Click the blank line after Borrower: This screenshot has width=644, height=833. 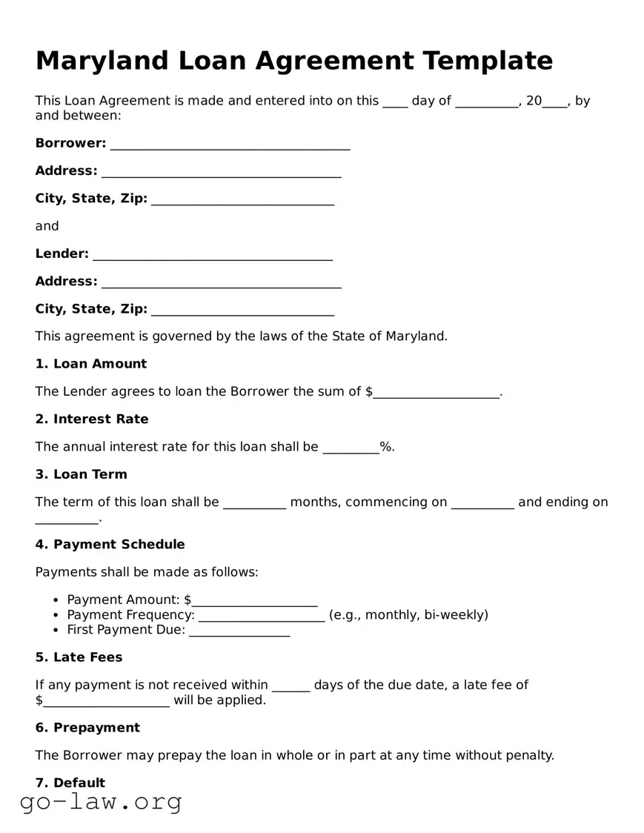230,145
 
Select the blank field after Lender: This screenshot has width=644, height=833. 212,256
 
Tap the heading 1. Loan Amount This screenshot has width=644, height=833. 91,364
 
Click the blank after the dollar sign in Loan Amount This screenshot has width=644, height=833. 436,393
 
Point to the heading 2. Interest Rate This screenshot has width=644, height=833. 92,419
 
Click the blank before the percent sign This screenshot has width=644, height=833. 351,448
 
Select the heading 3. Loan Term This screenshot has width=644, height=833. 82,474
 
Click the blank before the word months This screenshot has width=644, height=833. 254,504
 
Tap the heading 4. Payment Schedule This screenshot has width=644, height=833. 110,545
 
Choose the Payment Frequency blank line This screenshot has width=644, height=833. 262,617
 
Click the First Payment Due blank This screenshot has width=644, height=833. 239,631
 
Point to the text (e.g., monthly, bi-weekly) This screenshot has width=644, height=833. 408,614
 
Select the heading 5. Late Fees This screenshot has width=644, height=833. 79,657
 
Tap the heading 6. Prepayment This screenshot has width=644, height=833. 87,728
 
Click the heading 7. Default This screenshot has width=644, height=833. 70,783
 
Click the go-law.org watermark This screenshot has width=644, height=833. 101,802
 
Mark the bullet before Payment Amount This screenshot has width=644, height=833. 56,600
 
